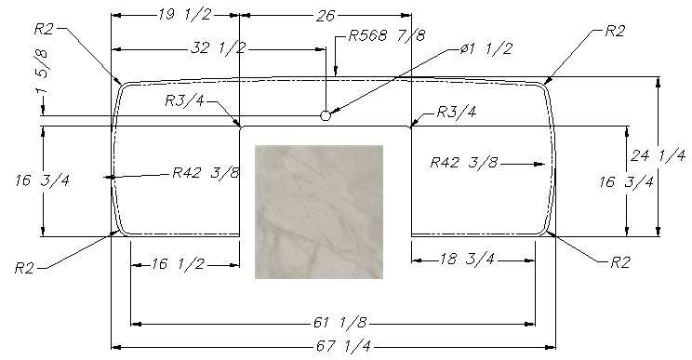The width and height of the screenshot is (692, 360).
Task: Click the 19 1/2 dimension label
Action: coord(184,15)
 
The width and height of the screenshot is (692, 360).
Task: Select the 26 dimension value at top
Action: coord(326,16)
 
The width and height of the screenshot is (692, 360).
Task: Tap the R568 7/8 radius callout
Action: coord(387,34)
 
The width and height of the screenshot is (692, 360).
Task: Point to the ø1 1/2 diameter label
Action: coord(486,47)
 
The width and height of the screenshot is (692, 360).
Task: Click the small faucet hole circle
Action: coord(326,115)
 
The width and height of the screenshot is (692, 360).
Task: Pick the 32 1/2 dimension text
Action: coord(218,47)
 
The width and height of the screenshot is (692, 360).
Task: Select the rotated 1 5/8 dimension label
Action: coord(43,71)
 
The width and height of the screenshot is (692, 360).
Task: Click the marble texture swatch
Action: coord(319,212)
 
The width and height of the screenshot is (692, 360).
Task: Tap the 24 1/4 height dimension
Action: coord(658,155)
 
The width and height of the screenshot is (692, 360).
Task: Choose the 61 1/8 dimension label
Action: coord(339,323)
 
